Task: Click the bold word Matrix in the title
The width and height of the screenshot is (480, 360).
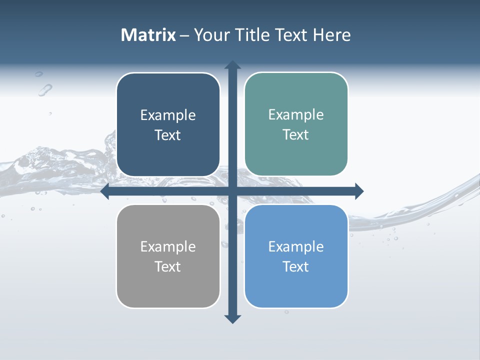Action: pyautogui.click(x=148, y=35)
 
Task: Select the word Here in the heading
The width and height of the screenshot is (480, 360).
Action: pyautogui.click(x=331, y=35)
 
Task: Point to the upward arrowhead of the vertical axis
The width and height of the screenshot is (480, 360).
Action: pyautogui.click(x=232, y=65)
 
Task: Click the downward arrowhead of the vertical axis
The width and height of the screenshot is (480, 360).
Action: pyautogui.click(x=232, y=318)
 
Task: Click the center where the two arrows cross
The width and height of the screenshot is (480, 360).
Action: pyautogui.click(x=232, y=191)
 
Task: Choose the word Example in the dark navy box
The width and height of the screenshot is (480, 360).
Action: pyautogui.click(x=168, y=115)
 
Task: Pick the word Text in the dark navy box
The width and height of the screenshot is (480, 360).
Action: pyautogui.click(x=168, y=135)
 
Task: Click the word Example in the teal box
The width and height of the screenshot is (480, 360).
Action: pyautogui.click(x=296, y=115)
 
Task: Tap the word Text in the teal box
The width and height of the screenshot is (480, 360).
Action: pyautogui.click(x=296, y=135)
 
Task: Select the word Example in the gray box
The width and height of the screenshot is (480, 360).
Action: pyautogui.click(x=168, y=246)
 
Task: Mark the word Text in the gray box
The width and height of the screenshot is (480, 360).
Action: pyautogui.click(x=168, y=266)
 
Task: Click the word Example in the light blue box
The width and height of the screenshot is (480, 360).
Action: pyautogui.click(x=296, y=246)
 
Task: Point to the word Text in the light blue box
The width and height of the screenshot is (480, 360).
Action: pyautogui.click(x=296, y=266)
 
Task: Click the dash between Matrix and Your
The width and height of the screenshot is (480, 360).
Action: pyautogui.click(x=184, y=35)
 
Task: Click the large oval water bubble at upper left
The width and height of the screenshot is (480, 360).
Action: pyautogui.click(x=45, y=90)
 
